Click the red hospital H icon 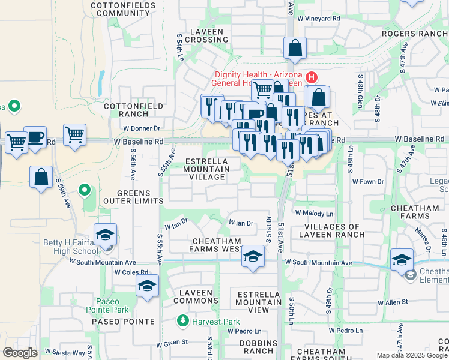pos(312,77)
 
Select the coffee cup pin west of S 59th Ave pos(35,137)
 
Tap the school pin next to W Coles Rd pos(146,287)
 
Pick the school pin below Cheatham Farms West pos(253,257)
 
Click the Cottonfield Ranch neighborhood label pos(125,110)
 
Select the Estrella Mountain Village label pos(206,169)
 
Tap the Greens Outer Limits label pos(131,197)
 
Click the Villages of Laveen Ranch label pos(330,231)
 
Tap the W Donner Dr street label pos(142,128)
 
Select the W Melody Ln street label pos(313,213)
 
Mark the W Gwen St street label pos(172,343)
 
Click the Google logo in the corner pos(20,353)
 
